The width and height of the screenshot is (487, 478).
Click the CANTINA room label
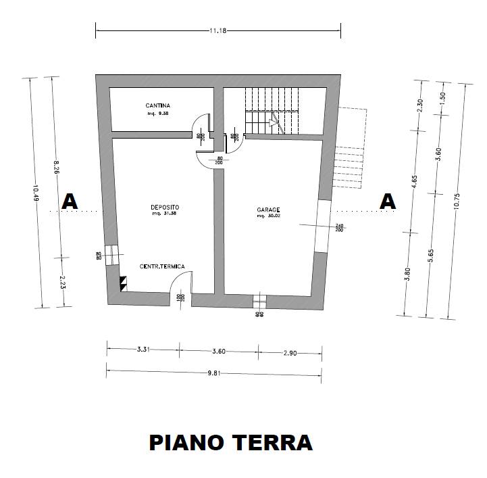pos(157,106)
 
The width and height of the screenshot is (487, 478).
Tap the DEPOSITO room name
pos(165,207)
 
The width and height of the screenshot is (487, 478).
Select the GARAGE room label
pos(267,210)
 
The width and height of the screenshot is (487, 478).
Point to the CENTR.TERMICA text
pos(162,267)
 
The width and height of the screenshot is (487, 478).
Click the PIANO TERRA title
pos(230,443)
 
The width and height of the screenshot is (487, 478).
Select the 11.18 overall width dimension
pos(217,30)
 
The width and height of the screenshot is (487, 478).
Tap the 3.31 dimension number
pos(142,350)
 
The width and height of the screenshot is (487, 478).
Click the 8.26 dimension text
pos(57,166)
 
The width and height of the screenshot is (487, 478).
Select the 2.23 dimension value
pos(61,281)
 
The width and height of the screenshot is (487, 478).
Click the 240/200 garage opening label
pos(340,229)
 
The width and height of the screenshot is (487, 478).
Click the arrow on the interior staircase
pos(273,122)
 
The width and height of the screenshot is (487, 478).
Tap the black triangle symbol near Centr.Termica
pos(123,282)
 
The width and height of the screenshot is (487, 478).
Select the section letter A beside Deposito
pos(70,201)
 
